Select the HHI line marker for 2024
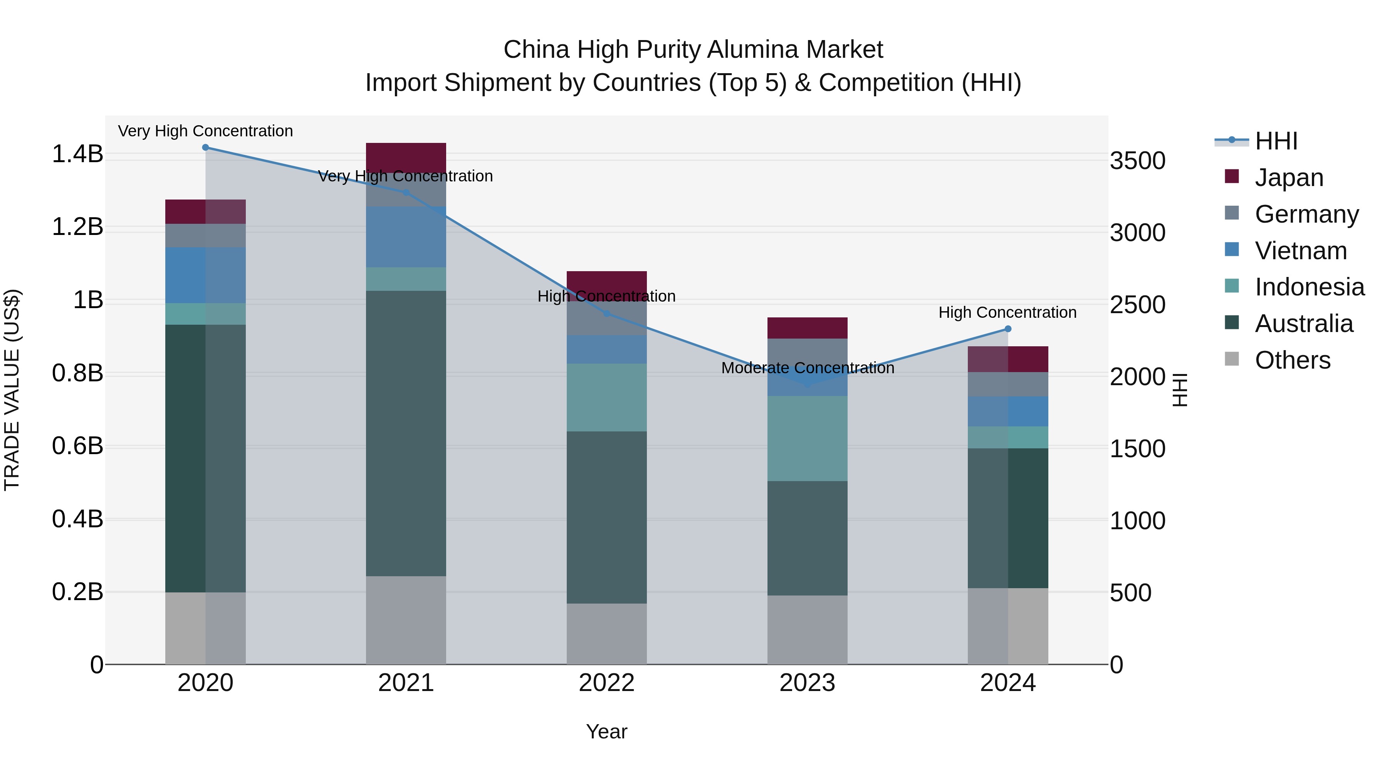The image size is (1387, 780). pyautogui.click(x=1008, y=329)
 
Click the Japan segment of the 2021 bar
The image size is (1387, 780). pyautogui.click(x=406, y=158)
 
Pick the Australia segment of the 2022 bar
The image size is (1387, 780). pyautogui.click(x=607, y=517)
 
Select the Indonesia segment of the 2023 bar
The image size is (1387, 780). pyautogui.click(x=807, y=438)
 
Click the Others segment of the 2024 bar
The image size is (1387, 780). pyautogui.click(x=1008, y=626)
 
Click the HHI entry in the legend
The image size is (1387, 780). pyautogui.click(x=1276, y=141)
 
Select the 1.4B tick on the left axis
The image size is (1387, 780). pyautogui.click(x=77, y=154)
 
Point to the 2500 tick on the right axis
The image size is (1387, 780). pyautogui.click(x=1137, y=305)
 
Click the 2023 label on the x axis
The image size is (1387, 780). pyautogui.click(x=807, y=683)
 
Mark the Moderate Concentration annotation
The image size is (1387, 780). pyautogui.click(x=807, y=368)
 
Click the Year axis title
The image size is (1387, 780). pyautogui.click(x=606, y=731)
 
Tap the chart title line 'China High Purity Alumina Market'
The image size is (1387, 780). pyautogui.click(x=693, y=50)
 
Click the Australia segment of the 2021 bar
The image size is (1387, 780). pyautogui.click(x=406, y=433)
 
